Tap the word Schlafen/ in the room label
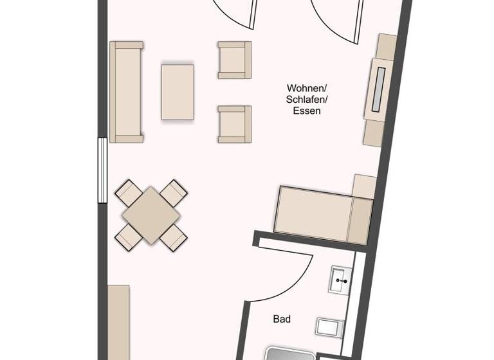pyautogui.click(x=307, y=99)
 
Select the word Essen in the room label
pyautogui.click(x=307, y=111)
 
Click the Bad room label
pyautogui.click(x=282, y=319)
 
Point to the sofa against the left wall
pyautogui.click(x=126, y=91)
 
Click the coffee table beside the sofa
pyautogui.click(x=178, y=91)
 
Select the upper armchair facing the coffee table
pyautogui.click(x=234, y=60)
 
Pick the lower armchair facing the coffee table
pyautogui.click(x=234, y=123)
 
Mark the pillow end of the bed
pyautogui.click(x=361, y=219)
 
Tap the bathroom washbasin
pyautogui.click(x=341, y=280)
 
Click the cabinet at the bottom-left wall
pyautogui.click(x=118, y=321)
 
